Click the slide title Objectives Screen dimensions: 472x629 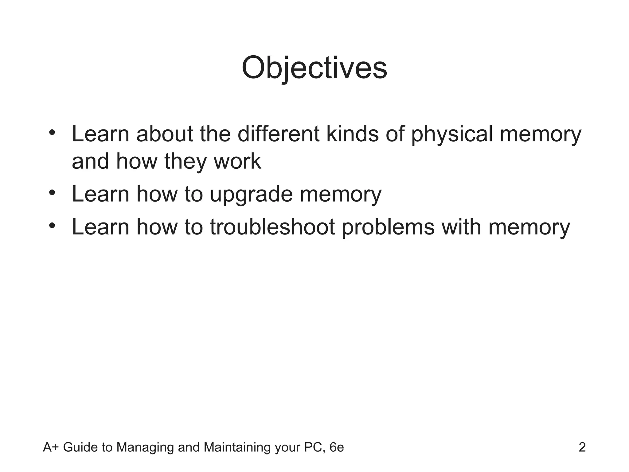[314, 68]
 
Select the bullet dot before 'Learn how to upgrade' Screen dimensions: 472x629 [52, 193]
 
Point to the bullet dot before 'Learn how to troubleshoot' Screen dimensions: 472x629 [52, 226]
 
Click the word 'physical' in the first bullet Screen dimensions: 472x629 [452, 135]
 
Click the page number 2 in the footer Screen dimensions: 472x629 [582, 447]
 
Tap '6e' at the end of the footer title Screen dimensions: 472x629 [337, 447]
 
